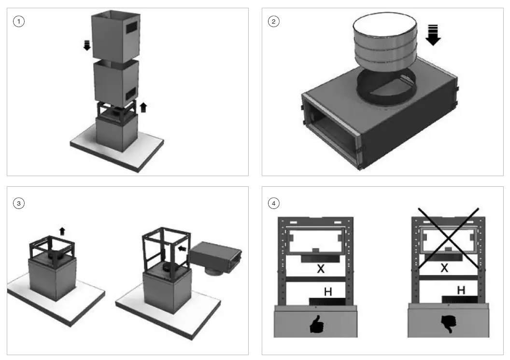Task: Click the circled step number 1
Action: click(x=19, y=22)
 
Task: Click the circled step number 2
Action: click(x=274, y=22)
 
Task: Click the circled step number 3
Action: click(x=19, y=203)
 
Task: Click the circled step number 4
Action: click(x=274, y=203)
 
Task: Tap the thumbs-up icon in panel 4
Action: click(x=317, y=326)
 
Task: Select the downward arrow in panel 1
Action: click(x=87, y=46)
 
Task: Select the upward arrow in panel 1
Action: click(x=143, y=107)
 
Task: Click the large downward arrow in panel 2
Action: click(x=433, y=35)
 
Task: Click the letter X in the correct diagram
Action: click(x=321, y=269)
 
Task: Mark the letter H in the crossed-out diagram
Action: click(x=461, y=290)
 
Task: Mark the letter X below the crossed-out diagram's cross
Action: click(x=444, y=268)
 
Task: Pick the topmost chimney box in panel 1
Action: click(x=115, y=32)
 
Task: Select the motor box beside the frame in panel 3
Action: click(x=215, y=253)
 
